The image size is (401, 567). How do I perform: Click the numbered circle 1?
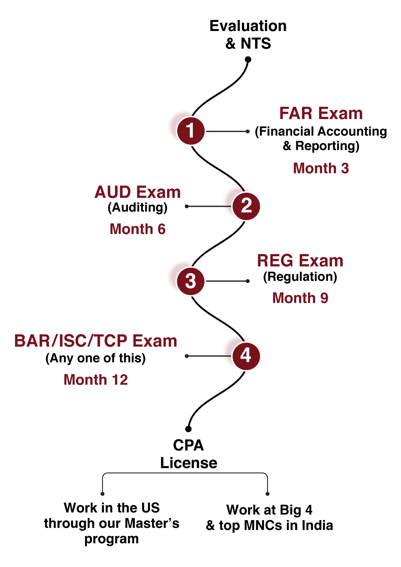[190, 130]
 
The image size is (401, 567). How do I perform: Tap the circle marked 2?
[246, 206]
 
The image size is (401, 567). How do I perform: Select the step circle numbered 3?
[190, 281]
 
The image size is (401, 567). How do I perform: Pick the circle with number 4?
[246, 355]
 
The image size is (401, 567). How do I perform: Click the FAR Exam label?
[320, 114]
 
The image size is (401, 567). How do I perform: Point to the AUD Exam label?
[138, 192]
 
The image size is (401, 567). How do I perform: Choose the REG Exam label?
[300, 261]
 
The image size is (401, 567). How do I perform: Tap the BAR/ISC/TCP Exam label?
[95, 341]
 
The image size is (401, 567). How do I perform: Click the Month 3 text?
[321, 168]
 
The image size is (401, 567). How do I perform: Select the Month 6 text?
[138, 229]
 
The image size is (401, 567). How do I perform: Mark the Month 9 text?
[300, 298]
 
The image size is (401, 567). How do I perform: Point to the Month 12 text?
[96, 380]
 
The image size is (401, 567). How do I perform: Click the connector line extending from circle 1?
[227, 132]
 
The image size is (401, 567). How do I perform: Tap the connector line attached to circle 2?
[207, 206]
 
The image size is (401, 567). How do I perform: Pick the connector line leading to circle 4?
[207, 356]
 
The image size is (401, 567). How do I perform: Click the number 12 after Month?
[120, 380]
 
